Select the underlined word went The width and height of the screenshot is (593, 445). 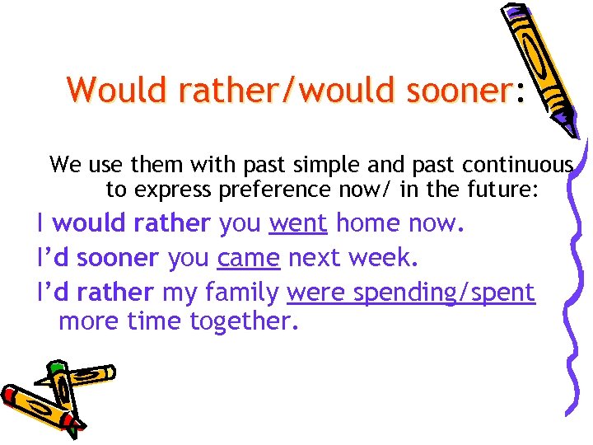coord(298,223)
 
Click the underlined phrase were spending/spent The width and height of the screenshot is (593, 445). coord(411,292)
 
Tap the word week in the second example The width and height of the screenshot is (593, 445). coord(383,258)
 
